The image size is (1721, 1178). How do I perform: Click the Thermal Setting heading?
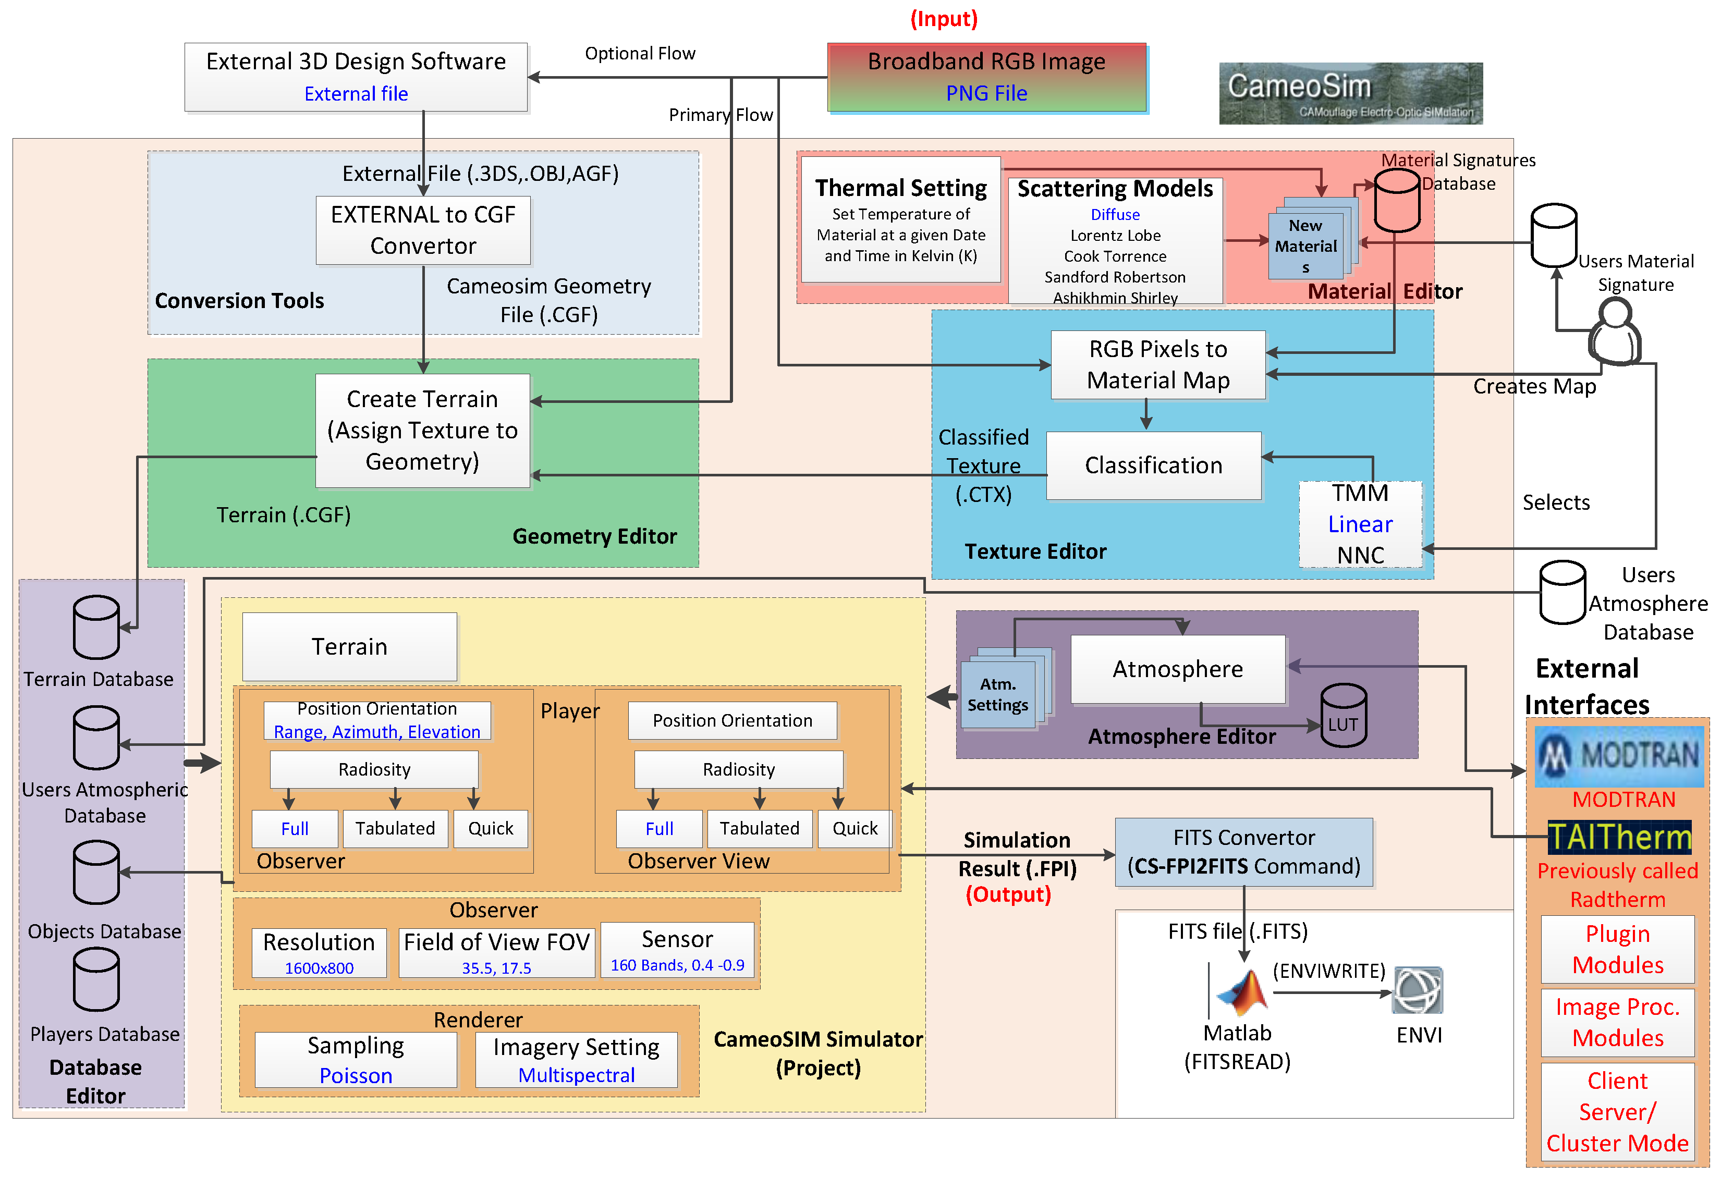pyautogui.click(x=900, y=188)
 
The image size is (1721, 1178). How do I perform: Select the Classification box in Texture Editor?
pyautogui.click(x=1153, y=465)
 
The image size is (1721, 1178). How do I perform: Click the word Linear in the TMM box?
pyautogui.click(x=1360, y=524)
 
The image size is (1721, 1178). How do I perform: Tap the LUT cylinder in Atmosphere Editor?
pyautogui.click(x=1344, y=715)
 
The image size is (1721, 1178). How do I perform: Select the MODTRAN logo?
pyautogui.click(x=1619, y=756)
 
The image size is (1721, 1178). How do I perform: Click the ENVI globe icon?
pyautogui.click(x=1418, y=991)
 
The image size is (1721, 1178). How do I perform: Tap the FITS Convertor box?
pyautogui.click(x=1243, y=852)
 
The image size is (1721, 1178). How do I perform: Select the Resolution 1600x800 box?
pyautogui.click(x=319, y=953)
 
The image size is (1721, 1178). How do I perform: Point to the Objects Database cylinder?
pyautogui.click(x=96, y=873)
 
